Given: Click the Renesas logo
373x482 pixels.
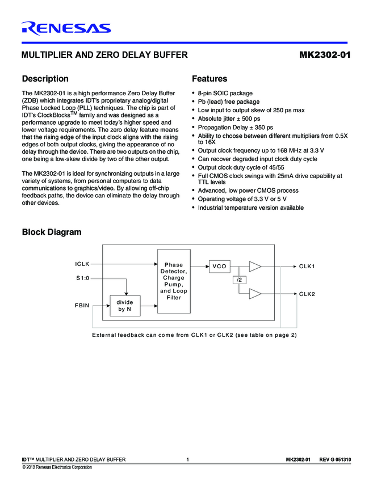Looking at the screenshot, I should (66, 28).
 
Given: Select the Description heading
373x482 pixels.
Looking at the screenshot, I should (45, 79).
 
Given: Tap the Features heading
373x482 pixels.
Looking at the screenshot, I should (209, 79).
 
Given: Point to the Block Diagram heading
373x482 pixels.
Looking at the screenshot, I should (51, 232).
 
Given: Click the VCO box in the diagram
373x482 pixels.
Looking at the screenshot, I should (219, 266).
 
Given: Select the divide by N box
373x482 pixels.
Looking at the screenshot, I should (125, 306).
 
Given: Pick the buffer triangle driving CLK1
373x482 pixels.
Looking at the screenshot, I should (255, 266).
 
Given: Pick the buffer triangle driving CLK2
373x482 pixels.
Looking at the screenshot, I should (255, 293).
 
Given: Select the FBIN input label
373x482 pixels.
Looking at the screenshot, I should (82, 306).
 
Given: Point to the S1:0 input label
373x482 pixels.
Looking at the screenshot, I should (83, 278).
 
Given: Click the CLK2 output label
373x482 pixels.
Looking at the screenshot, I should (307, 294).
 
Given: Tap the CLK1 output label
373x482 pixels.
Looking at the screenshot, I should (307, 267).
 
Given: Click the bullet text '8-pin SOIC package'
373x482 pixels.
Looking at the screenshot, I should (225, 93).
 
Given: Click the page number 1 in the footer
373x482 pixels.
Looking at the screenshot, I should (187, 459).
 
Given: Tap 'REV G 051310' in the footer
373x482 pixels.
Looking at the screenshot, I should (335, 459).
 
